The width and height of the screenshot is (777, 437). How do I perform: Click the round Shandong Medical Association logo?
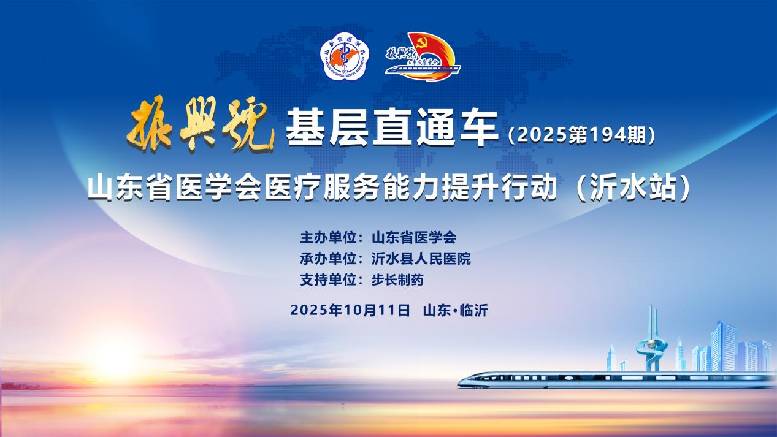coord(345,56)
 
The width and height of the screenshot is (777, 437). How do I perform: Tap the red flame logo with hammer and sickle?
coord(423,56)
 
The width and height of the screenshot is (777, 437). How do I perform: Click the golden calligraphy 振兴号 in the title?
coord(201,124)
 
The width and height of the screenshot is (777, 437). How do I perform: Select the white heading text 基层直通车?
coord(392,127)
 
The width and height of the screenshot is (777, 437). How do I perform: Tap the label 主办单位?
coord(329,238)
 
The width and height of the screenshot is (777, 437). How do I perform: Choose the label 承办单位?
coord(329,259)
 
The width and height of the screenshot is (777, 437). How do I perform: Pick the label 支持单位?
coord(329,280)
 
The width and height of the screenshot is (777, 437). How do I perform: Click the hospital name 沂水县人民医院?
coord(421,259)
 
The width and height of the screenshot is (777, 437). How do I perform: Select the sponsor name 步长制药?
coord(397,280)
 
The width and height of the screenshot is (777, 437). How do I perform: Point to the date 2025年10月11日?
coord(350,310)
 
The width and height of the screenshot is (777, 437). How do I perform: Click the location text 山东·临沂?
coord(456,310)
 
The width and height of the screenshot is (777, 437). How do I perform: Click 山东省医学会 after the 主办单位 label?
coord(414,238)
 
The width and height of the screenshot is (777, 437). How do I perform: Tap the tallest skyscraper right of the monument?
coord(723,346)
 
